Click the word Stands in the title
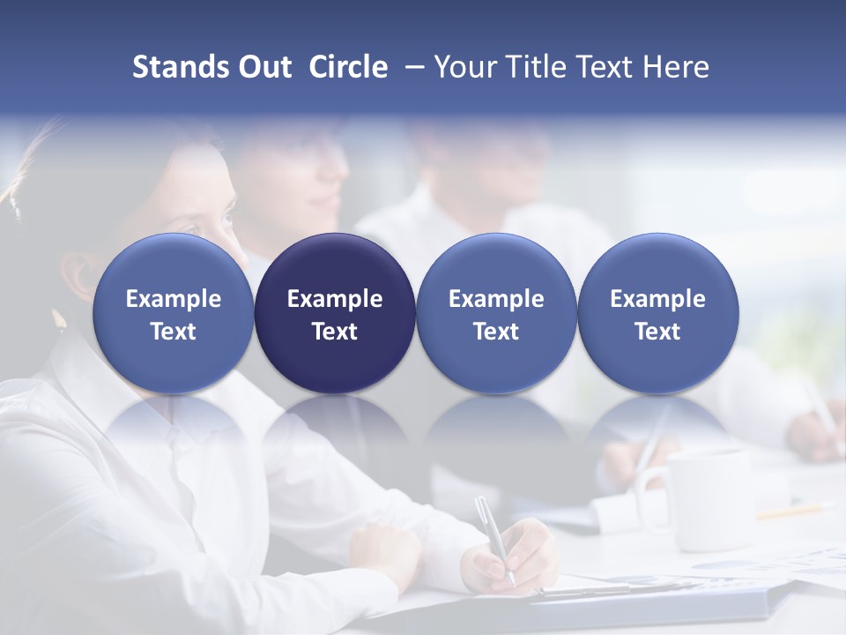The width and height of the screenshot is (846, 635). pyautogui.click(x=181, y=67)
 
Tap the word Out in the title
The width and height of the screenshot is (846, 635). pyautogui.click(x=264, y=67)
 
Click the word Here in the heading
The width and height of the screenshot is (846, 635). pyautogui.click(x=675, y=67)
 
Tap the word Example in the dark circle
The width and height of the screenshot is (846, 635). pyautogui.click(x=335, y=299)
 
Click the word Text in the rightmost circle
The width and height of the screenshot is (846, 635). pyautogui.click(x=657, y=332)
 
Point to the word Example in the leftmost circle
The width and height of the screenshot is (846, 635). pyautogui.click(x=173, y=299)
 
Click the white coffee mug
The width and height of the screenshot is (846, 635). pyautogui.click(x=705, y=498)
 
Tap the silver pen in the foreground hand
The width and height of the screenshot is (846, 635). pyautogui.click(x=493, y=538)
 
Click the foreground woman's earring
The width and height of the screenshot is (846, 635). pyautogui.click(x=60, y=319)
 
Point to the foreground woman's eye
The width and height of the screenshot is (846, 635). pyautogui.click(x=227, y=217)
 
